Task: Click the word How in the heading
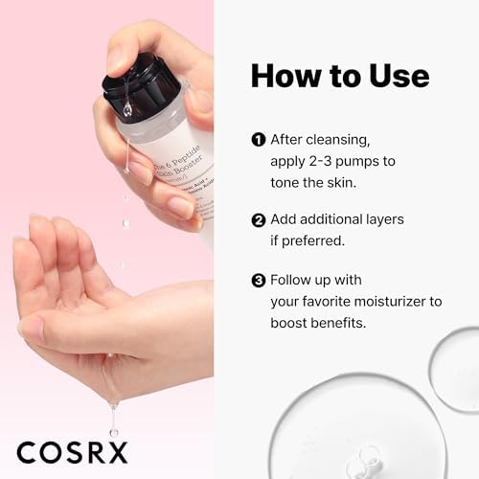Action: pos(285,78)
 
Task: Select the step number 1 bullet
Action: pos(258,139)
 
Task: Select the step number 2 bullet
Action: pos(258,220)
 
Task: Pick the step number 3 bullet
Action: pos(258,281)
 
